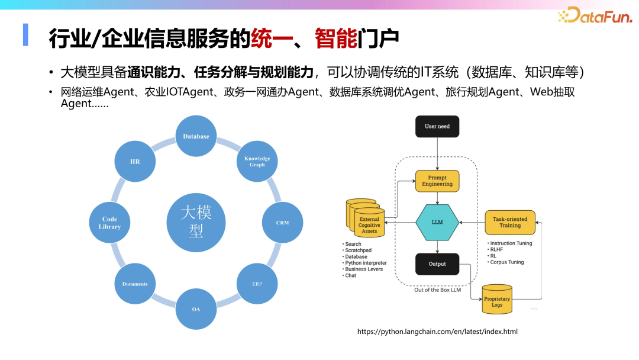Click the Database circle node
click(x=196, y=136)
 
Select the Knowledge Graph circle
click(x=257, y=161)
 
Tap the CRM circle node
click(x=282, y=223)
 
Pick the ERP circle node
click(x=257, y=284)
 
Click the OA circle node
click(x=196, y=309)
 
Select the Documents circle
click(x=135, y=284)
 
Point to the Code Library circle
click(x=109, y=223)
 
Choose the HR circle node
click(x=135, y=161)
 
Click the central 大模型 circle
click(x=196, y=223)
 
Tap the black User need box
click(x=437, y=127)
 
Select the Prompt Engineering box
click(x=437, y=181)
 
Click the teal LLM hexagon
click(x=437, y=223)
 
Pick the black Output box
click(x=437, y=264)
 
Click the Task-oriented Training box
click(x=510, y=222)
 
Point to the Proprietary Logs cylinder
click(x=497, y=300)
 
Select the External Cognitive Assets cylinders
click(x=366, y=220)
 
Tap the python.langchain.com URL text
click(x=437, y=332)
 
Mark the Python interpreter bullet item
click(x=366, y=263)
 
